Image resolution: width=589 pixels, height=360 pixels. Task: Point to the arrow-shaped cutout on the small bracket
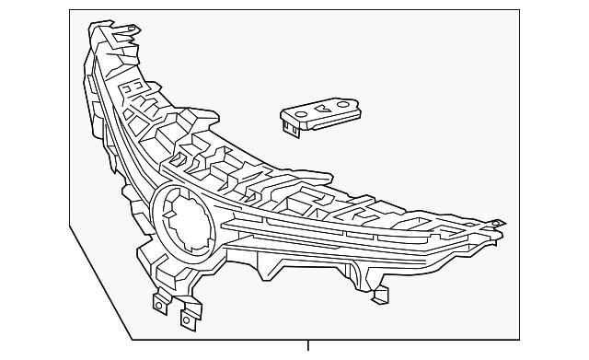(323, 109)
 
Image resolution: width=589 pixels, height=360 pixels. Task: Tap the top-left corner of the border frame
(70, 10)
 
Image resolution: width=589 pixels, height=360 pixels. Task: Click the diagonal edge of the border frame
(101, 283)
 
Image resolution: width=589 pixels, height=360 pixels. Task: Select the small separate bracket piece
(319, 114)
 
